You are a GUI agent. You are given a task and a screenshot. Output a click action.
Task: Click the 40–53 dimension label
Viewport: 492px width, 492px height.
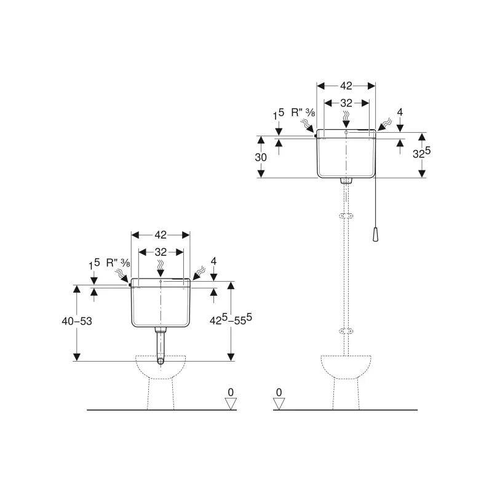coord(77,321)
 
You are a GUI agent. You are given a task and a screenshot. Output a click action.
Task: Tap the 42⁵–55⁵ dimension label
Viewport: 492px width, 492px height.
coord(231,319)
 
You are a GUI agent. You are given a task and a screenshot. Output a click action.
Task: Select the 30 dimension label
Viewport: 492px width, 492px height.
coord(261,157)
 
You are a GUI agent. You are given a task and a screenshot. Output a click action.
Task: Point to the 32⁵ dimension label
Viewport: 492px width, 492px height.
coord(421,153)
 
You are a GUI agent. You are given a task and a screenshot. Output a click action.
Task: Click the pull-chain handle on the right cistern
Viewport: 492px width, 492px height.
coord(376,234)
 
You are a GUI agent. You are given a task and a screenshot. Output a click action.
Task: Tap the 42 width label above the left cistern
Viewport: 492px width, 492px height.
coord(161,235)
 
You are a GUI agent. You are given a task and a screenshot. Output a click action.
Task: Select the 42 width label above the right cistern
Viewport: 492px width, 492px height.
coord(346,85)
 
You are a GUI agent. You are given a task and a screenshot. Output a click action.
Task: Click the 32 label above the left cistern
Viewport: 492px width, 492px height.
coord(161,252)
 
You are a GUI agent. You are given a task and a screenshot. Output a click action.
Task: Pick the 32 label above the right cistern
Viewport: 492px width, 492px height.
coord(346,103)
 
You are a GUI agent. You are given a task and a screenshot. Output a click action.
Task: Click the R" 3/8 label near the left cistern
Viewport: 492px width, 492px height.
coord(118,263)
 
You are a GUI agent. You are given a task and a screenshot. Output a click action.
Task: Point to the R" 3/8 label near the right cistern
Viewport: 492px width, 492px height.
coord(303,112)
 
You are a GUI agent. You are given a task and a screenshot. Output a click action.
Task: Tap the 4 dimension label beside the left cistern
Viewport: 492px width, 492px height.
coord(213,261)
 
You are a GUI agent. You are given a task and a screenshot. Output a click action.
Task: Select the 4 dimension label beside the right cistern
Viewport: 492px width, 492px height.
coord(400,112)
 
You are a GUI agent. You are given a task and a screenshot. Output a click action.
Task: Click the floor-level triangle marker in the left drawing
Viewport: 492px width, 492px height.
coord(231,403)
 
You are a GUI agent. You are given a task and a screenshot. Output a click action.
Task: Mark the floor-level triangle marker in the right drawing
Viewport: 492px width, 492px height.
coord(279,403)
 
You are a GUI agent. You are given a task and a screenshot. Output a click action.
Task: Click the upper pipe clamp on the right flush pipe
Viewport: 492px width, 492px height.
coord(346,216)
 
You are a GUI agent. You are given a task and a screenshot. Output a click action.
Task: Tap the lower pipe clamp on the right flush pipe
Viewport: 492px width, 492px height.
coord(346,331)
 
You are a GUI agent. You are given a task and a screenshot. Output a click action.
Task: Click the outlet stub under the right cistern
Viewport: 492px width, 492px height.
coord(346,181)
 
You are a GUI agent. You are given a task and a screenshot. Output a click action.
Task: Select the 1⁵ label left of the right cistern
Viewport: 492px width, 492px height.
coord(279,114)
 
